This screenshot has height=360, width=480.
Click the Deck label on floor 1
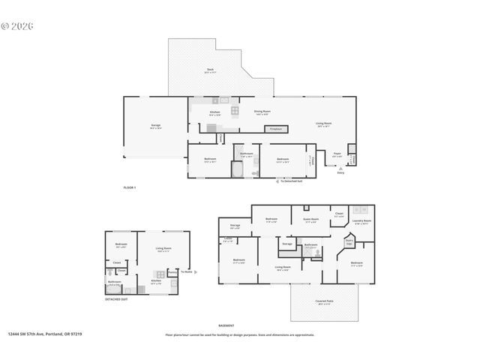coord(210,70)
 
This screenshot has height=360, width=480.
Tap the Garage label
coord(155,126)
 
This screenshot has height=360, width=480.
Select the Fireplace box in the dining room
coord(274,129)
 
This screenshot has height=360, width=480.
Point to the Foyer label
coord(337,154)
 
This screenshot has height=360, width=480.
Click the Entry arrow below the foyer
coord(340,171)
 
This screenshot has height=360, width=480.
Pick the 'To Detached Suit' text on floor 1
coord(291,181)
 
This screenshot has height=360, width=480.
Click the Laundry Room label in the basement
coord(359,220)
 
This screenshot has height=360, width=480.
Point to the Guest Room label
coord(310,220)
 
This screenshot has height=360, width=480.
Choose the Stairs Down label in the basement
coord(349,241)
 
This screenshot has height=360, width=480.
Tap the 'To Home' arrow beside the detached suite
coord(187,272)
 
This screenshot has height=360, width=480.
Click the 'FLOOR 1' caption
coord(130,187)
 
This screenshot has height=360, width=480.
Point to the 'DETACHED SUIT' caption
coord(115,298)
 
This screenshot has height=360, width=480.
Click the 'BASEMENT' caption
coord(226,325)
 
